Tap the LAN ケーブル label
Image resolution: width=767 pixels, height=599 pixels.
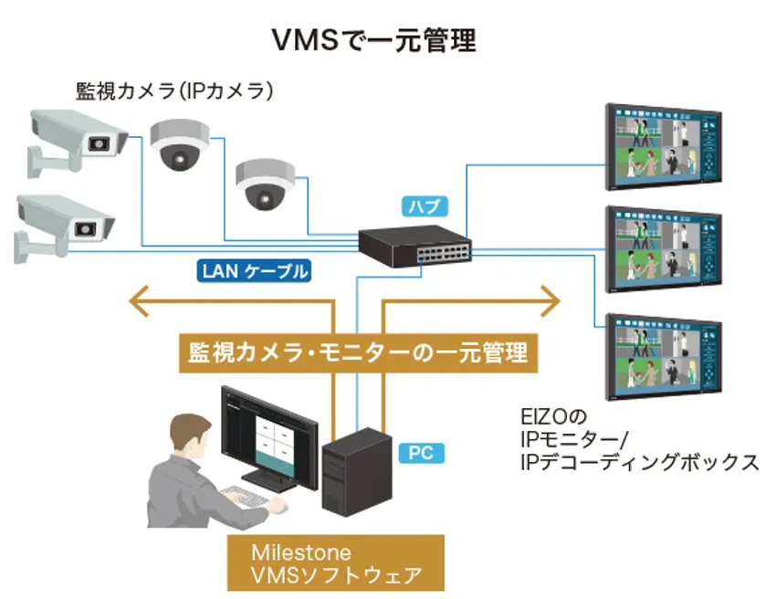253,270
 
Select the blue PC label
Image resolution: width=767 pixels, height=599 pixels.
421,452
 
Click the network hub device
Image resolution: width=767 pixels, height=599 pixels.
415,244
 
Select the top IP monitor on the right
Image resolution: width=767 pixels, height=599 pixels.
665,146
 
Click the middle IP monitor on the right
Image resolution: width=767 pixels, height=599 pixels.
665,250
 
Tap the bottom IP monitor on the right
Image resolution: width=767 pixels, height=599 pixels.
665,354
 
